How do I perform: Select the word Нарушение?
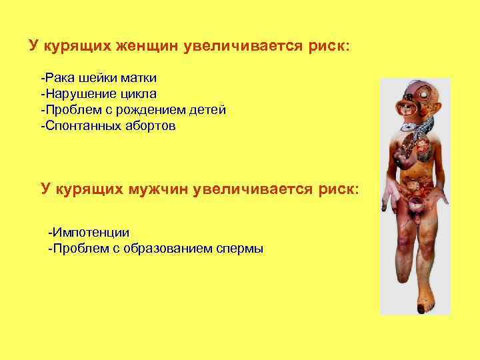[x=74, y=94]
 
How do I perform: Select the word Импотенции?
[x=90, y=233]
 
